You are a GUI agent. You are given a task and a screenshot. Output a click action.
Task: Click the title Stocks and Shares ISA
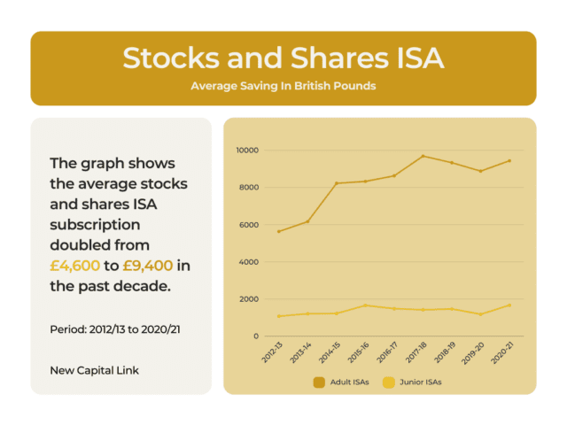tap(283, 58)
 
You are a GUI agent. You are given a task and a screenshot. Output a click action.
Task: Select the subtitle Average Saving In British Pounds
tap(283, 86)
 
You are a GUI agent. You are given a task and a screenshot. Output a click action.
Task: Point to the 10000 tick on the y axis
tap(245, 151)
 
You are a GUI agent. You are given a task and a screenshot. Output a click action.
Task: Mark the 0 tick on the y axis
tap(254, 336)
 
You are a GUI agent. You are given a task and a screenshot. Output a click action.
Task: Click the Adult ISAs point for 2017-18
tap(423, 156)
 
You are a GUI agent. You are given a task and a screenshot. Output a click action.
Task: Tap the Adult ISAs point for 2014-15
tap(336, 183)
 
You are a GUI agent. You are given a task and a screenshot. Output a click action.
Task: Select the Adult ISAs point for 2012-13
tap(278, 232)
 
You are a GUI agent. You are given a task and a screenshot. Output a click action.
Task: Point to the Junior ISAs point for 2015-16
tap(365, 305)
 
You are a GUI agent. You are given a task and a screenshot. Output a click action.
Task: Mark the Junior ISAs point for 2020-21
tap(509, 305)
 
